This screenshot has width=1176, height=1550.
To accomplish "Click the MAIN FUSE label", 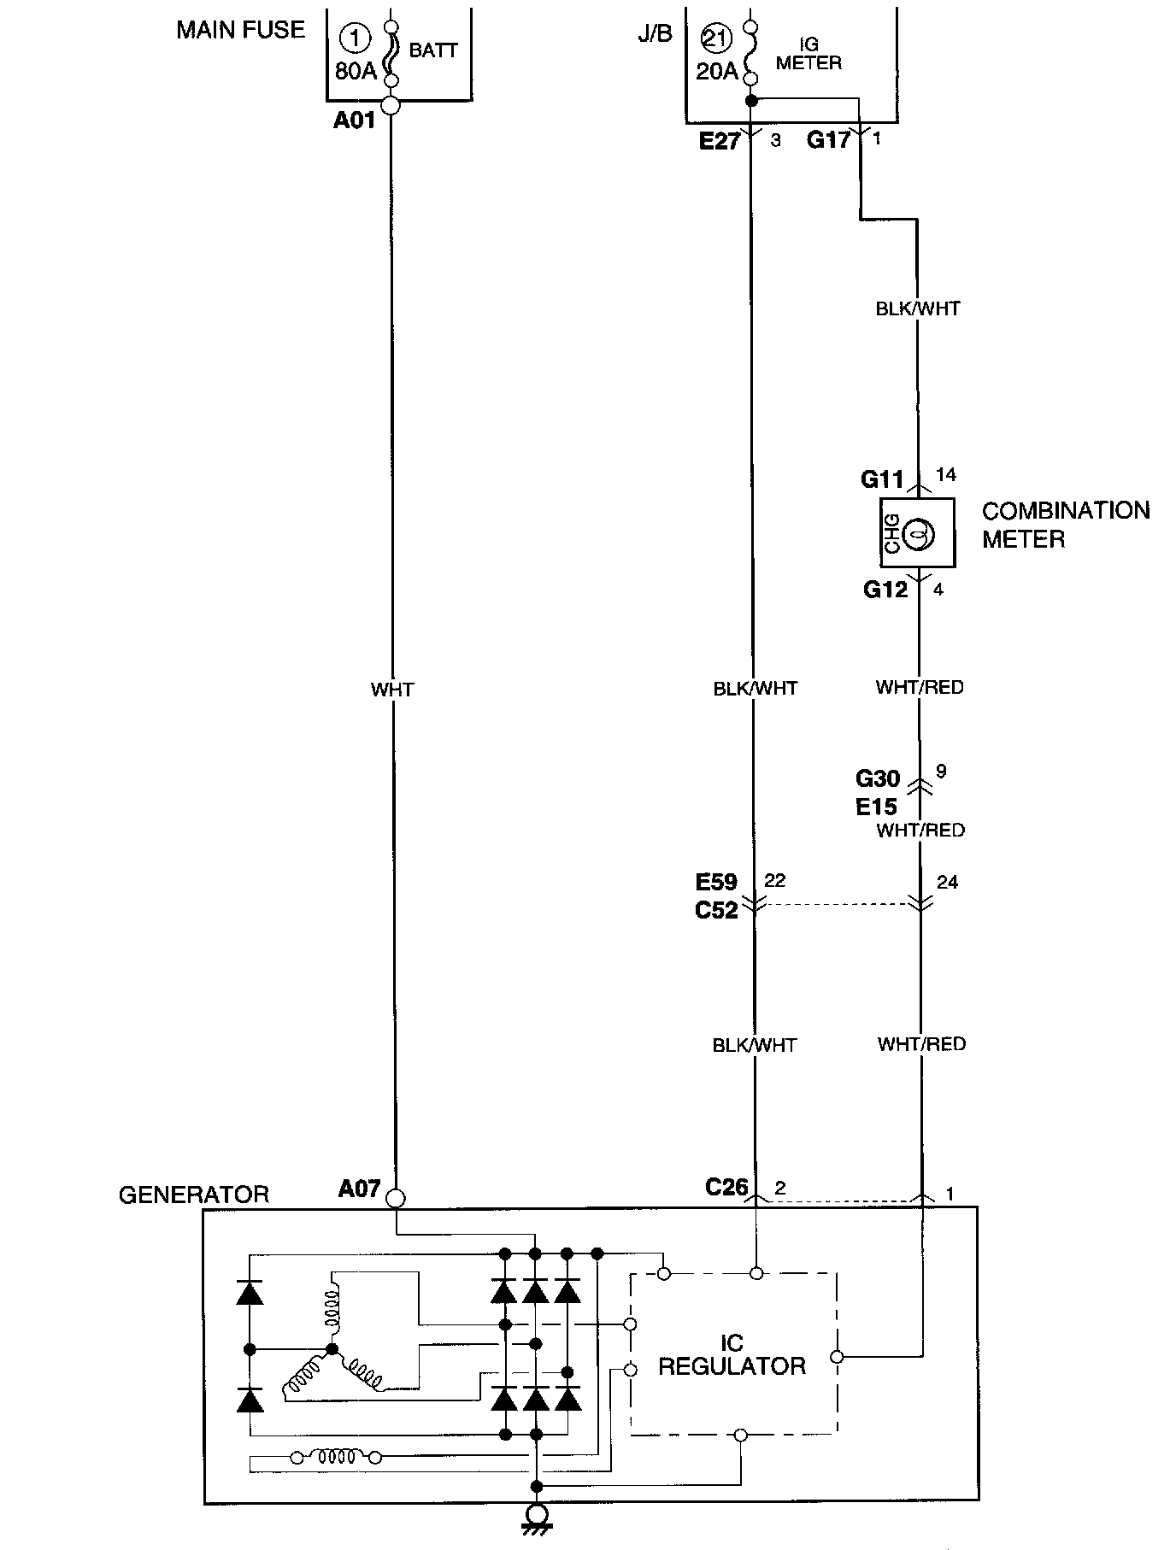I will coord(240,31).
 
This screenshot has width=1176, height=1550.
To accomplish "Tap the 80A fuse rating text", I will coord(356,71).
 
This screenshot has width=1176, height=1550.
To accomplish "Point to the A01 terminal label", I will coord(355,120).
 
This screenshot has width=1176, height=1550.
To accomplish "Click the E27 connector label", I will coord(719,141).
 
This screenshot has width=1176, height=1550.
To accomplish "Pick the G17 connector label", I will coord(828,139).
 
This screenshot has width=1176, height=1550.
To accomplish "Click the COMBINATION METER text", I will coord(1065,525).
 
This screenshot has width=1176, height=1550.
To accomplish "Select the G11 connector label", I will coord(882,479).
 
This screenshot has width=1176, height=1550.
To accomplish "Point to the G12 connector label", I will coord(885,590).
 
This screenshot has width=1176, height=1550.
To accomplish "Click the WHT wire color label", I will coord(392,690).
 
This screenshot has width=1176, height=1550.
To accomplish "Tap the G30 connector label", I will coord(878,778).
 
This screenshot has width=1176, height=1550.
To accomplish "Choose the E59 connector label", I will coord(716,882).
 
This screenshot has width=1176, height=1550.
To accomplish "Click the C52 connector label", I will coord(716,911).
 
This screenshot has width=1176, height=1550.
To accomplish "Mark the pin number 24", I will coord(947,882).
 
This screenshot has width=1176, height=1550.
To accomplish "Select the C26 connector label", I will coord(726,1187).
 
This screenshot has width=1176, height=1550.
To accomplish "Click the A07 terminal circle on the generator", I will coord(396,1198).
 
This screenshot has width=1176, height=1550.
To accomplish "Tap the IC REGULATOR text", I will coord(732,1354).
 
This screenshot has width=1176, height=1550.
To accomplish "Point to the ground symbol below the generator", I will coord(537,1516).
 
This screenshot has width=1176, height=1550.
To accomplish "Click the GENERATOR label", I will coord(193,1195).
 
